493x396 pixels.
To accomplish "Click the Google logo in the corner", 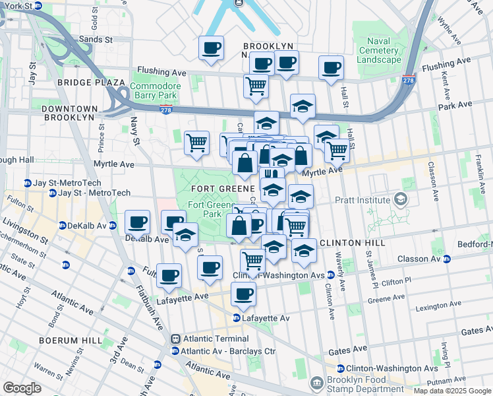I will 22,388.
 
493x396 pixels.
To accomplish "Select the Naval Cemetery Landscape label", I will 378,50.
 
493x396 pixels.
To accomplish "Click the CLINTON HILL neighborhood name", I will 353,243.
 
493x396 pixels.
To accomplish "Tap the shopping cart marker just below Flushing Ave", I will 256,85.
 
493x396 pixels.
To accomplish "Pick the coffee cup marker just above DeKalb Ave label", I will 137,222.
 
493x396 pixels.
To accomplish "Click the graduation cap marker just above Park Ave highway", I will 303,106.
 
